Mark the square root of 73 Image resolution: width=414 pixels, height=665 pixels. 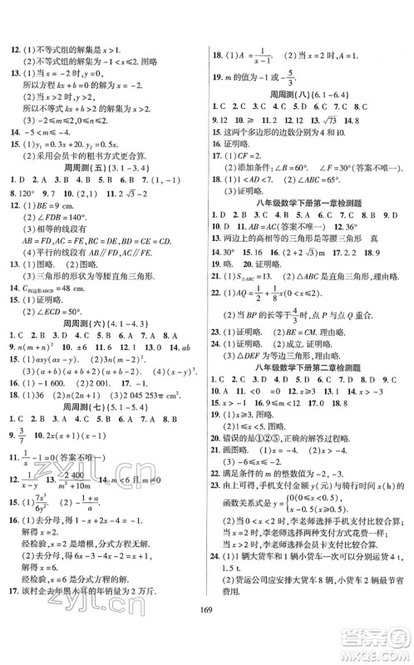click(353, 120)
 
